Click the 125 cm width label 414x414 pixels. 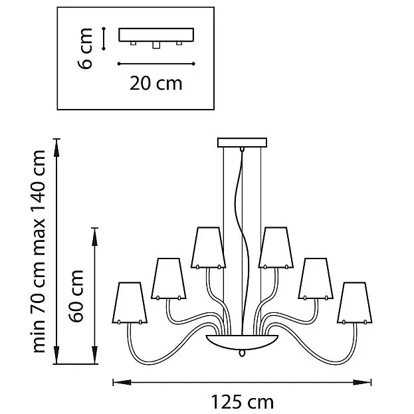[243, 402]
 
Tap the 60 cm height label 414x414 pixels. [76, 296]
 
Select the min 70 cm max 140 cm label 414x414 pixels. [39, 251]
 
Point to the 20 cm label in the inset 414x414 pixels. [155, 83]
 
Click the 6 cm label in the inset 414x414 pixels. [85, 49]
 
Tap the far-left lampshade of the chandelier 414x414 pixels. [130, 303]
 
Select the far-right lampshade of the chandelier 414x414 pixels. [355, 303]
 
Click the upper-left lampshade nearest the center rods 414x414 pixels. [208, 248]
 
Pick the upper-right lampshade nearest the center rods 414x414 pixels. [276, 248]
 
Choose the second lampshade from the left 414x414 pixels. [169, 279]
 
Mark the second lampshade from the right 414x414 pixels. [316, 279]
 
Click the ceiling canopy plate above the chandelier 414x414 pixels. [242, 143]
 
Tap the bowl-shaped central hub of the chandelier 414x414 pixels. [242, 342]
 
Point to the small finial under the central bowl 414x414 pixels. [242, 353]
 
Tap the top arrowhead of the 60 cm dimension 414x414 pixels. [94, 237]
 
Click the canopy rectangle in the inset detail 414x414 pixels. [156, 35]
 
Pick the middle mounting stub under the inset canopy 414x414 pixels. [156, 45]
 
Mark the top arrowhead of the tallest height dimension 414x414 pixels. [56, 148]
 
